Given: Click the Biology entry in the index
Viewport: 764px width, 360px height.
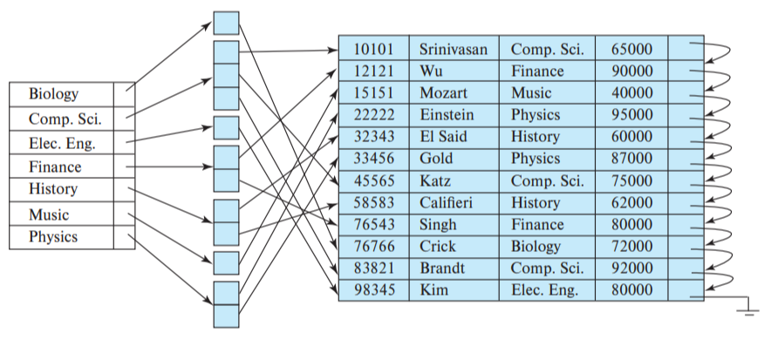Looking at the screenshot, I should [x=53, y=94].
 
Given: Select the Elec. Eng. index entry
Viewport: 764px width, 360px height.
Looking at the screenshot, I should [x=62, y=143].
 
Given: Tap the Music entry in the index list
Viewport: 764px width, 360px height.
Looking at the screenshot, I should [x=49, y=214].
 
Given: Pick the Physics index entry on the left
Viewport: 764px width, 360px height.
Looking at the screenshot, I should [x=53, y=237].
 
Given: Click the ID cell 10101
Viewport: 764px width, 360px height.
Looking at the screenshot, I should [x=372, y=49].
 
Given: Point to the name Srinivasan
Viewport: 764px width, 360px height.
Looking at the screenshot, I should [x=453, y=49].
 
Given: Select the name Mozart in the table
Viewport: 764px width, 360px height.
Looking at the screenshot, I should [x=443, y=92].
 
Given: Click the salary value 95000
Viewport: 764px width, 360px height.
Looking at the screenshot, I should [x=631, y=115].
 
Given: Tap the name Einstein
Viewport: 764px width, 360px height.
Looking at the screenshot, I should [x=447, y=115].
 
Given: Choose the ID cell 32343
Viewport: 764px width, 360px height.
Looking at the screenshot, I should [x=372, y=137].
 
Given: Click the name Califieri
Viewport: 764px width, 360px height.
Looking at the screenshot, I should [x=447, y=203].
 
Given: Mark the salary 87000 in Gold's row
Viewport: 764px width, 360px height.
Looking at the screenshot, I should [x=631, y=159].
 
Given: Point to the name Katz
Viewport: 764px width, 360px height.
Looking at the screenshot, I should [x=435, y=181].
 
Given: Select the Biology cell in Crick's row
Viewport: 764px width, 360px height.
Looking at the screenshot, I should [x=536, y=247].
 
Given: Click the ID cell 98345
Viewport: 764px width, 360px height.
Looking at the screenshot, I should [x=372, y=290].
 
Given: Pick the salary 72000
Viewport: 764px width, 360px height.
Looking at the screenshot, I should [x=631, y=247].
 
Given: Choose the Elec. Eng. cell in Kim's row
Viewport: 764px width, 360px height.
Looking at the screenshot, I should [x=544, y=290].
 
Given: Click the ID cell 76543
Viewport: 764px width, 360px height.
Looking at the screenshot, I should [x=372, y=225].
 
